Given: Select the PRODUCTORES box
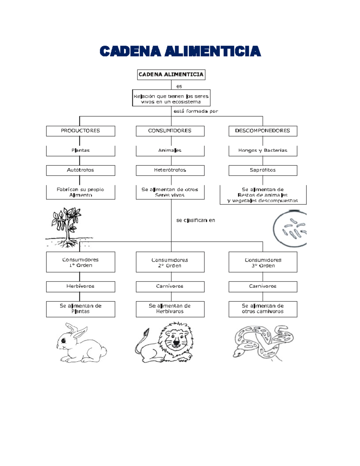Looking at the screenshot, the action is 81,131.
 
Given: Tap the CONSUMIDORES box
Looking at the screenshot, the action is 170,131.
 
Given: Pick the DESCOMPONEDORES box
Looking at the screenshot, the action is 263,131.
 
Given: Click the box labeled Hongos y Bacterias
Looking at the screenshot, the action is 263,151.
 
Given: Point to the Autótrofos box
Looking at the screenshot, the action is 81,170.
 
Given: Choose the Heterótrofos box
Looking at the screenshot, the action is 170,170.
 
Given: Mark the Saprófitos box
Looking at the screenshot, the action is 263,170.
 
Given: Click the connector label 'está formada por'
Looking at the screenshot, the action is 196,111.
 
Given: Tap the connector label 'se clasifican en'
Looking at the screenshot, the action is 196,220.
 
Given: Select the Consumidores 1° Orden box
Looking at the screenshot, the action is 81,262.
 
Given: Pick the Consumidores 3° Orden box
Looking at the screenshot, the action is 263,262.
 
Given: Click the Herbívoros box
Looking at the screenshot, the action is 81,287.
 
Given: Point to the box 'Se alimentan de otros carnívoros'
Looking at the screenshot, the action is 263,309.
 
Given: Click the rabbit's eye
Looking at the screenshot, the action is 64,340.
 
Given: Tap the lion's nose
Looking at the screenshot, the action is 176,342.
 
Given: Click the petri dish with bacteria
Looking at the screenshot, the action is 290,229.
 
